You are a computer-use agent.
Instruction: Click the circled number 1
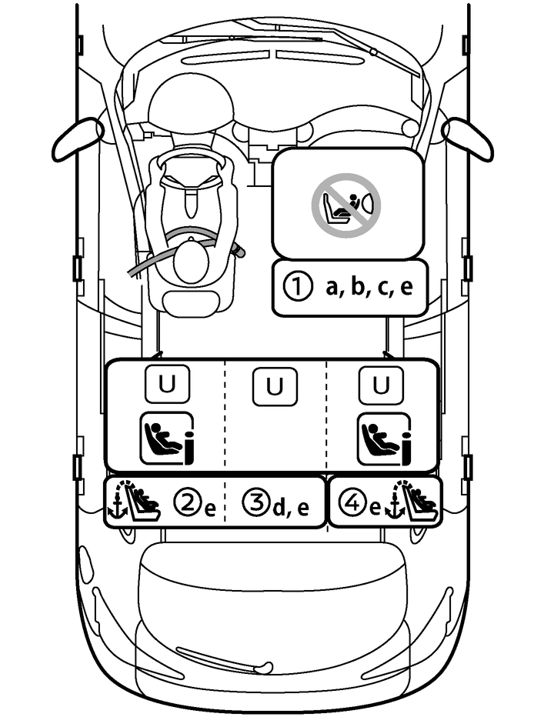pos(295,288)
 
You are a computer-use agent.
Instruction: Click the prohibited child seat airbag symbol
pos(345,202)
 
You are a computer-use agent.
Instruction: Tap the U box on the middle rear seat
pos(275,387)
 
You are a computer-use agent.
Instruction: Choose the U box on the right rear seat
pos(381,385)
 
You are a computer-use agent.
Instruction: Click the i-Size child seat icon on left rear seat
pos(166,439)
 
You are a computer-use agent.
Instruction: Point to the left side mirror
pos(77,138)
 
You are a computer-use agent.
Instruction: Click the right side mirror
pos(468,138)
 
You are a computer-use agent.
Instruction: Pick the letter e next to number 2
pos(209,509)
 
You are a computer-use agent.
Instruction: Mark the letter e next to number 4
pos(375,509)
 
